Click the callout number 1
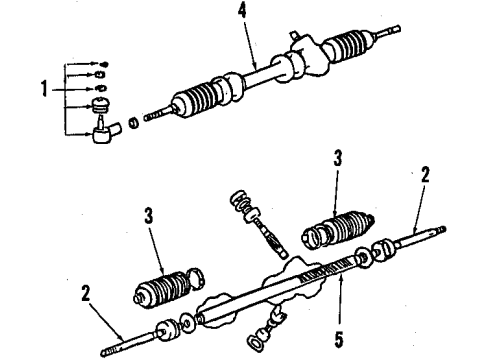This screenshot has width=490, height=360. tap(44, 89)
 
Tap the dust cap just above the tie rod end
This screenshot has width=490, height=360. tap(101, 106)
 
